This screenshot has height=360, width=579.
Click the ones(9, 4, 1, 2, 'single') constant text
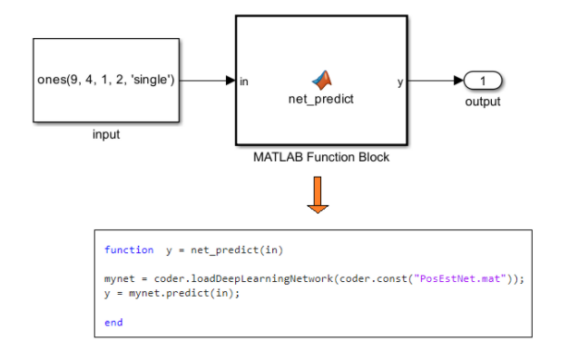(106, 81)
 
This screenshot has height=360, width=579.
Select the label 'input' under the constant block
(106, 135)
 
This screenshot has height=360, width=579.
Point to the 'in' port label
(245, 82)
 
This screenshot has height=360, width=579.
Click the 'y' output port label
(400, 82)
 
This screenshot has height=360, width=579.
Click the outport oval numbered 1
(483, 82)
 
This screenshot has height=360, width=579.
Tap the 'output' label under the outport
(483, 101)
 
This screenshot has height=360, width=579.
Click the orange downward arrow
(317, 194)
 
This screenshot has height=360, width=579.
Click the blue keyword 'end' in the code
(113, 322)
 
